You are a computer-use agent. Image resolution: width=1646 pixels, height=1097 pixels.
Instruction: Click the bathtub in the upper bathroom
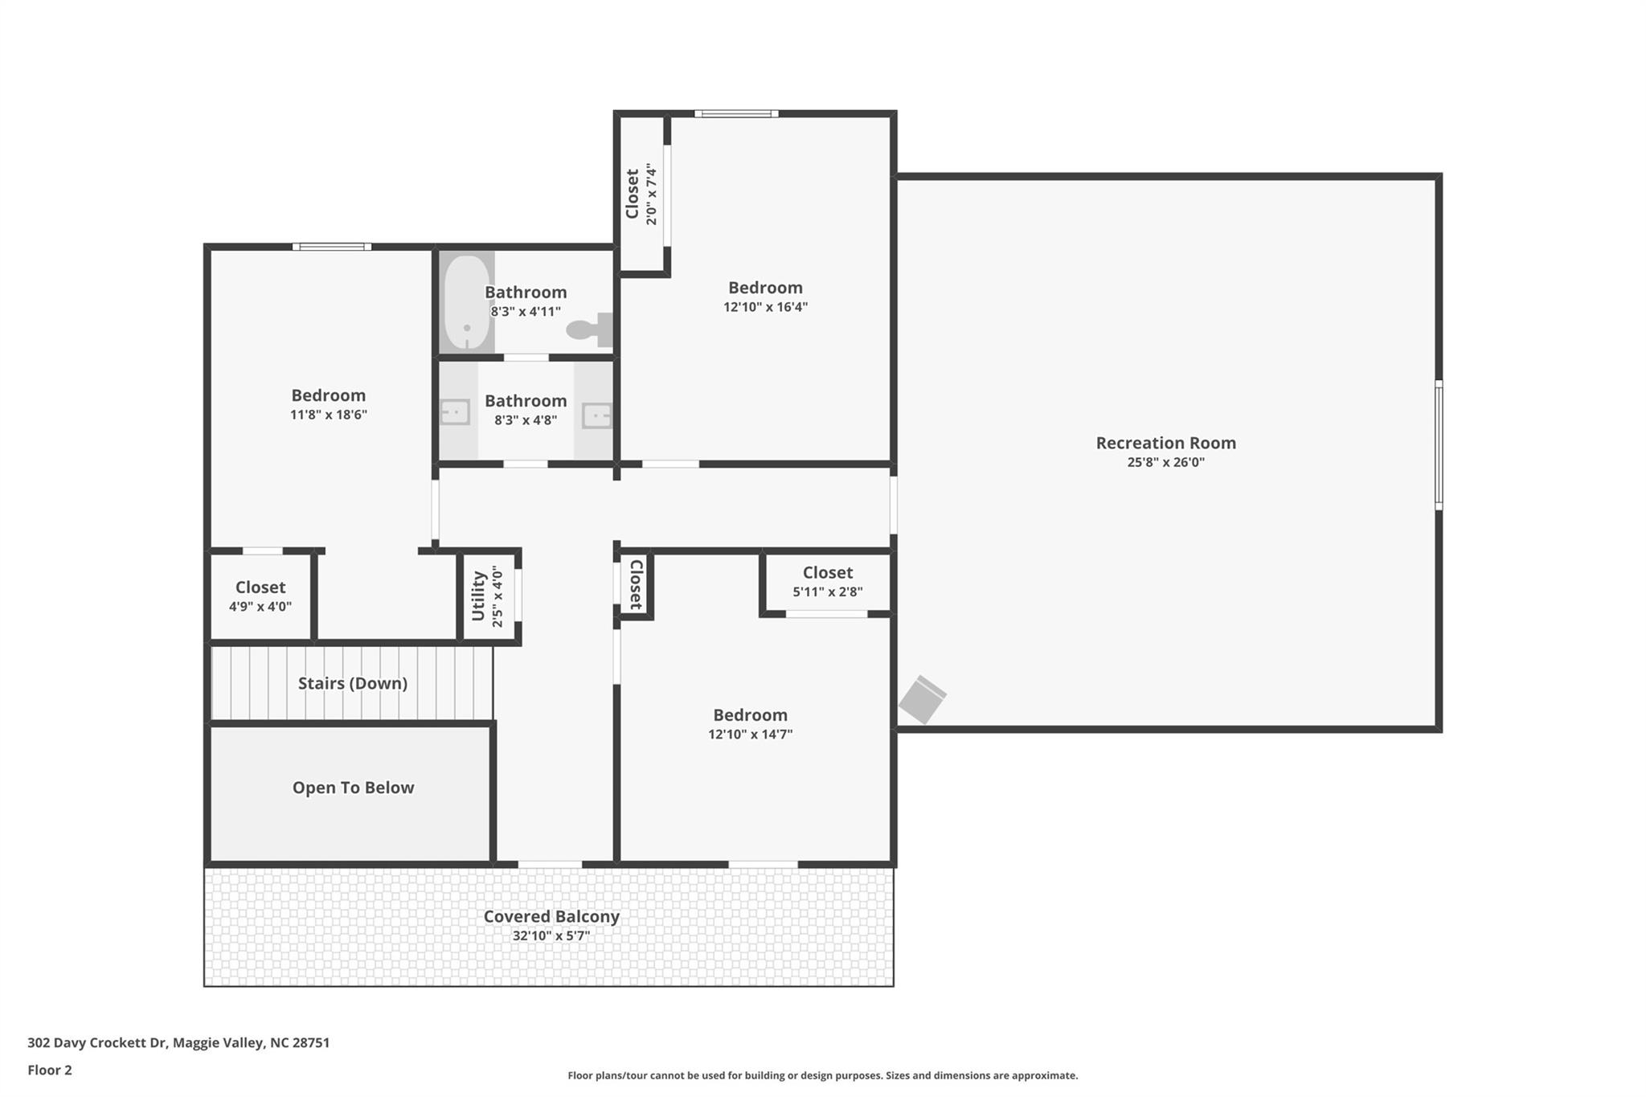click(x=466, y=302)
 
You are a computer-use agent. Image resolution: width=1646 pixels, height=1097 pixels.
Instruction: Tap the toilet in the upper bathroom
click(x=589, y=330)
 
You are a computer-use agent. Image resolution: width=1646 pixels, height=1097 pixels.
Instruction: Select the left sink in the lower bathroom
click(x=455, y=413)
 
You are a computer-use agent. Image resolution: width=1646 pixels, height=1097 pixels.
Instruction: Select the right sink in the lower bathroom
click(x=596, y=415)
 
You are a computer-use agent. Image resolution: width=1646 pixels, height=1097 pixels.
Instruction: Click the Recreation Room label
click(x=1165, y=443)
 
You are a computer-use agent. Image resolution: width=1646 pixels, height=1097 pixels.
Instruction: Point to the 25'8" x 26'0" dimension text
click(x=1165, y=462)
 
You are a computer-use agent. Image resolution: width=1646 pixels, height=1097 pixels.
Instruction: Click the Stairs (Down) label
click(x=352, y=683)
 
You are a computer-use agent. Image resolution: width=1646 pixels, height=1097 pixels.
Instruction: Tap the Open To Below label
click(x=353, y=788)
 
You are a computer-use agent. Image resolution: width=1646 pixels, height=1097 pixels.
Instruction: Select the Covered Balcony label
click(x=551, y=916)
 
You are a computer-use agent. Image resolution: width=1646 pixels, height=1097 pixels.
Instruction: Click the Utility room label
click(x=478, y=596)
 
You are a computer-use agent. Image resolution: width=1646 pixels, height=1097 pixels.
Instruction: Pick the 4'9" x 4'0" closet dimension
click(x=260, y=607)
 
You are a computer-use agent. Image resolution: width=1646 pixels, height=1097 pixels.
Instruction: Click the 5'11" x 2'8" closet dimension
click(x=827, y=592)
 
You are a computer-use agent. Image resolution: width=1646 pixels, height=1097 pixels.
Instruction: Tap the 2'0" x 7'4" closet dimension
click(x=652, y=194)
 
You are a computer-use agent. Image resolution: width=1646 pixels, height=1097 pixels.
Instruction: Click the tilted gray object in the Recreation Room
click(x=922, y=699)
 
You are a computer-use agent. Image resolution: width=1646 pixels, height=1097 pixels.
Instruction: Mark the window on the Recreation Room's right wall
click(x=1439, y=444)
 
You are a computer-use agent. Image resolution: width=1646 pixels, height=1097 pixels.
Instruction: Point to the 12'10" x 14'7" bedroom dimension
click(x=750, y=735)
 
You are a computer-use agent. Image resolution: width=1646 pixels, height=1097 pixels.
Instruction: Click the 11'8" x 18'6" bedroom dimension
click(x=328, y=415)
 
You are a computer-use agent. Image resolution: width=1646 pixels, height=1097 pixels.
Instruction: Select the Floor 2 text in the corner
click(x=50, y=1070)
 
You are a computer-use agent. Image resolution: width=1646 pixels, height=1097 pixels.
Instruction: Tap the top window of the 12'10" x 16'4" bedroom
click(x=736, y=114)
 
